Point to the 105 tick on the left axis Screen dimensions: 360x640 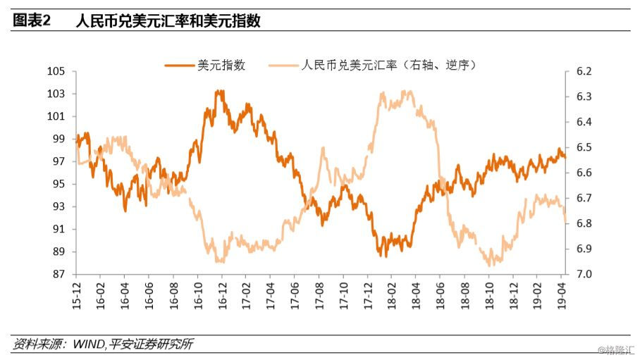[x=56, y=71]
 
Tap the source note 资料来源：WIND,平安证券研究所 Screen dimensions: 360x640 [x=103, y=345]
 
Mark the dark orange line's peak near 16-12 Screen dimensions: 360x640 [x=220, y=91]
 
